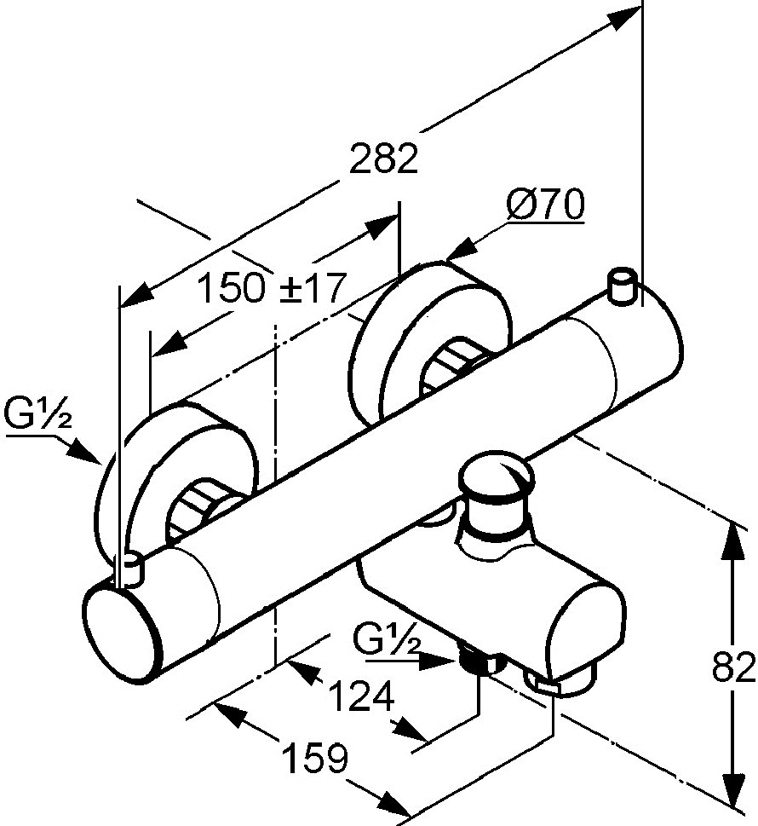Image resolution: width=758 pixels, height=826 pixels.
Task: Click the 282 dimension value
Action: [383, 158]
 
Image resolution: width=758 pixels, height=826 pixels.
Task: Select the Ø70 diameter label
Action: [545, 205]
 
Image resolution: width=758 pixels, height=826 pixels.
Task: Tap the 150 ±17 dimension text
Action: [273, 287]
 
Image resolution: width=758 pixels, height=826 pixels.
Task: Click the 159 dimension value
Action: [315, 758]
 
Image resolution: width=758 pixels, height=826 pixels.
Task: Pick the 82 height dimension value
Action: [734, 667]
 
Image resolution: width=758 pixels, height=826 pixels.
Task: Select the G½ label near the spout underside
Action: [387, 639]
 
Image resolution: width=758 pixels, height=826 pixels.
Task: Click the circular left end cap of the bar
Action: [122, 637]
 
